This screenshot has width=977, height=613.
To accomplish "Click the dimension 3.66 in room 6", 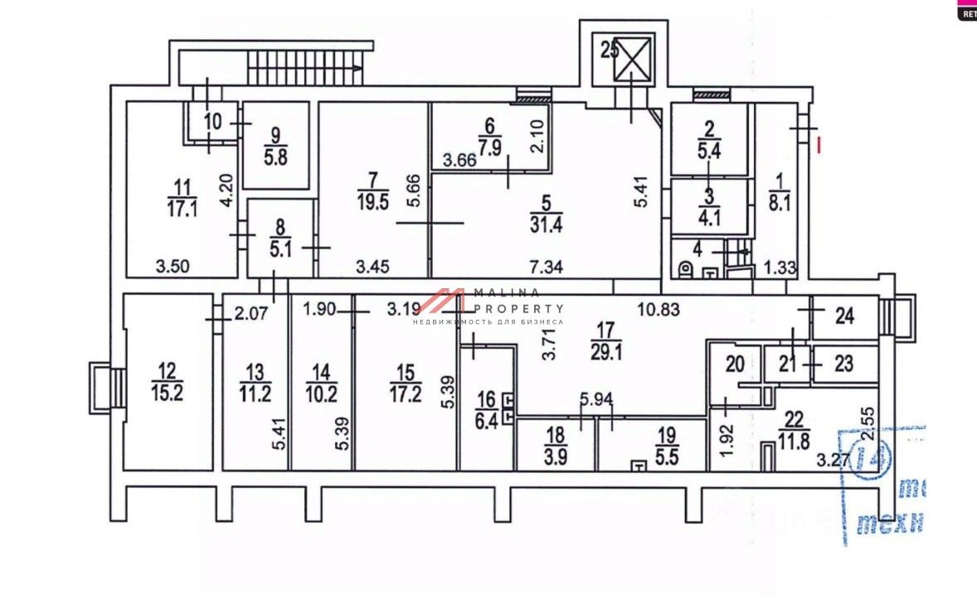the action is coord(459,161).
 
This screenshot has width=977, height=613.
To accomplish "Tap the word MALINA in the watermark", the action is coord(506,292).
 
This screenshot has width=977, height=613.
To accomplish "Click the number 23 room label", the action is coord(843,364).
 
